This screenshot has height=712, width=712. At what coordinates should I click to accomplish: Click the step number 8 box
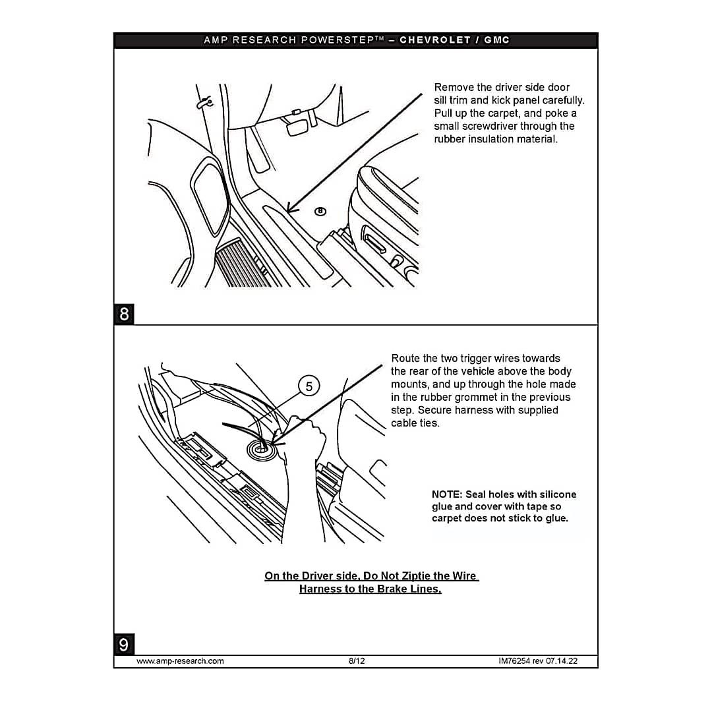pos(124,314)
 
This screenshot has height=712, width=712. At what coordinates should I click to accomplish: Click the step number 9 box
pos(124,644)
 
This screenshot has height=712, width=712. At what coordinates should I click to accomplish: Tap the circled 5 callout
pos(309,386)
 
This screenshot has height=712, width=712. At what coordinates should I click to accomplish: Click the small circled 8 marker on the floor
pos(320,211)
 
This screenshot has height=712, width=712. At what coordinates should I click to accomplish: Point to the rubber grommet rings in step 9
pos(262,449)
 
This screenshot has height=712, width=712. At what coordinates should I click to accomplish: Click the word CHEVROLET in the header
pos(435,40)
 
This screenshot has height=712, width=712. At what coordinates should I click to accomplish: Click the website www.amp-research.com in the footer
pos(180,661)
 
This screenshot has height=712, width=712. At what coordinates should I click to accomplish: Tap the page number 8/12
pos(357,661)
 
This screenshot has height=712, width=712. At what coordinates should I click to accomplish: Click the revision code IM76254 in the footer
pos(514,661)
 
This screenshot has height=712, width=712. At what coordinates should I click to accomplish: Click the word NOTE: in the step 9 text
pos(447,494)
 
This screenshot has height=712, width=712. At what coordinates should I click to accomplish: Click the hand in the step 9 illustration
pos(303,454)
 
